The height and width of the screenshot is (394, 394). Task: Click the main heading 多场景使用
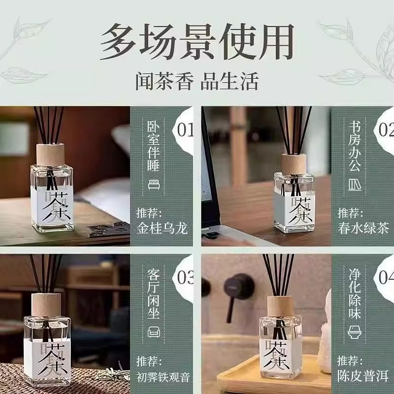197,42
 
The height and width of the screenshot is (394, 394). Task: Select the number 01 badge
185,130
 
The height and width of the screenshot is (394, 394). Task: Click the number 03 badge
185,278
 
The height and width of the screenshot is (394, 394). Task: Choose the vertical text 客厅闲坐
153,296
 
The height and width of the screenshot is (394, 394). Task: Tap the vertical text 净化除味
355,297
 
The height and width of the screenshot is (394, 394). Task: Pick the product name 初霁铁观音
162,377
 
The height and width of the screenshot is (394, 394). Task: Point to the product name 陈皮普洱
363,377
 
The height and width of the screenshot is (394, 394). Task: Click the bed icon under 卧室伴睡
153,184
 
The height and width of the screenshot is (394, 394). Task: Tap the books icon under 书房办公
355,184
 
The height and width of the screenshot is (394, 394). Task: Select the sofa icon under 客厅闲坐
154,333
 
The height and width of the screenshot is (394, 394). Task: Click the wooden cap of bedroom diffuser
50,155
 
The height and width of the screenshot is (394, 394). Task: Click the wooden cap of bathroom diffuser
279,306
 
